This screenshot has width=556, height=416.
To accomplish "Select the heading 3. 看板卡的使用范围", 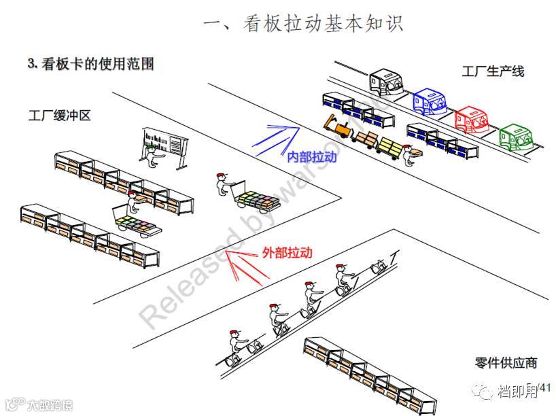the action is coord(90,65).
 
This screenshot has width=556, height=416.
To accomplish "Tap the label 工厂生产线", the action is coord(493,71).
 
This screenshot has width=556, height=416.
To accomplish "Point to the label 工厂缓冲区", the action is coord(60,116).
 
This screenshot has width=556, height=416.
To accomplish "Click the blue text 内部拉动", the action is coord(312,157).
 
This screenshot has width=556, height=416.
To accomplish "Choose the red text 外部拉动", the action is coord(287,252).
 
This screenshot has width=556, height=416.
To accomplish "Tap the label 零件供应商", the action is coord(506,362).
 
